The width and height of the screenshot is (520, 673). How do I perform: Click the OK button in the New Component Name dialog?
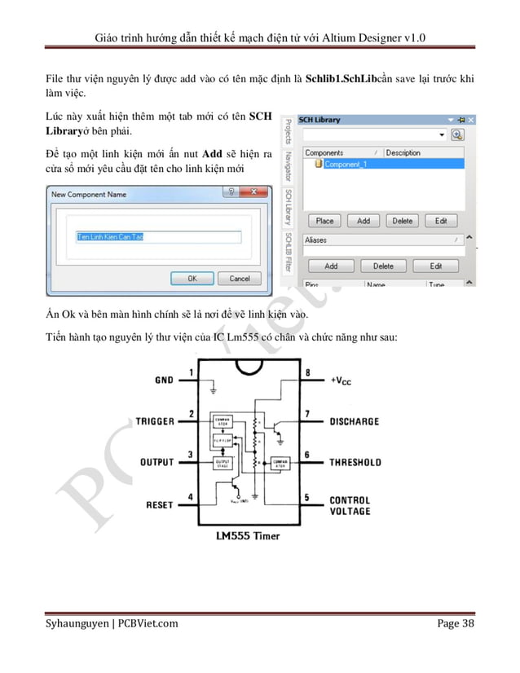[x=192, y=278]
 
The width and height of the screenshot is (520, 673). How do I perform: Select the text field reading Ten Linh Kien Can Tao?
[x=159, y=237]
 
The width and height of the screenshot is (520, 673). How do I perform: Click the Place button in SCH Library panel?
[x=324, y=221]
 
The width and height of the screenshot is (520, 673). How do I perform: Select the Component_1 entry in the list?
[x=346, y=164]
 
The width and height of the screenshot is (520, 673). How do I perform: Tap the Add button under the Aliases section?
[x=331, y=266]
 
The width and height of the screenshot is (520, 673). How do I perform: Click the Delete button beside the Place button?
[x=403, y=221]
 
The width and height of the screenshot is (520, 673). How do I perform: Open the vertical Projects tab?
[x=288, y=131]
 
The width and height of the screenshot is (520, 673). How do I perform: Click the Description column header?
[x=403, y=152]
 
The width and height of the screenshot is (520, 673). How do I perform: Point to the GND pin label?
[x=164, y=380]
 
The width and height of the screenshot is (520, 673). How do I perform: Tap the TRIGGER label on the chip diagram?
[x=155, y=421]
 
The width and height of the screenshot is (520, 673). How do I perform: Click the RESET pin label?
[x=159, y=505]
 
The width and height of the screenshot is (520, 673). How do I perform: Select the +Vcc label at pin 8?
[x=342, y=380]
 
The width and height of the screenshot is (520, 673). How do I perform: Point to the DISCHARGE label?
[x=354, y=421]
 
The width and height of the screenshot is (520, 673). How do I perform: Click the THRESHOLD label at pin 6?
[x=355, y=462]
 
